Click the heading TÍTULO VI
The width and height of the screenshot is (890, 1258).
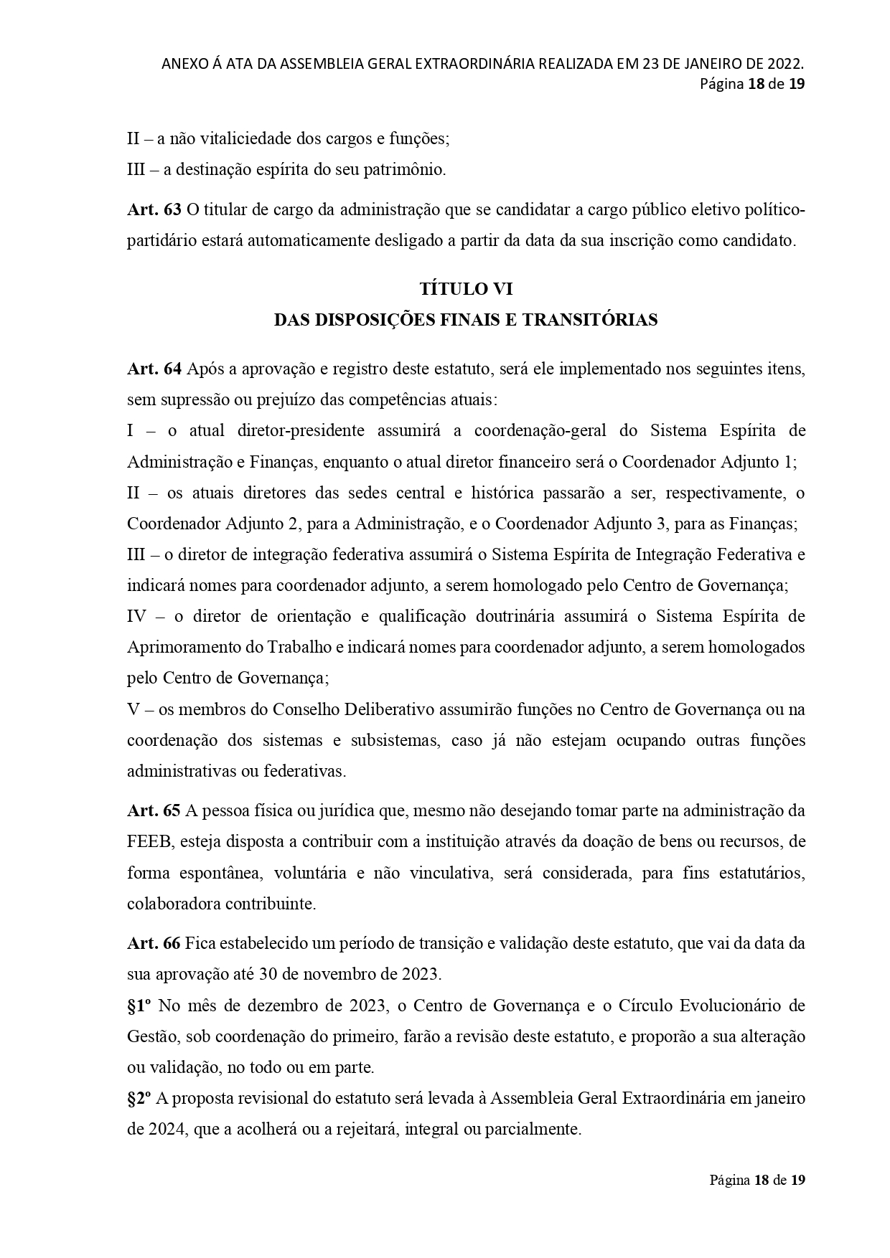[466, 289]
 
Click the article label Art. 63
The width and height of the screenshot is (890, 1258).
[154, 210]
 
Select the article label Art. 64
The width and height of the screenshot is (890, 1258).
[154, 369]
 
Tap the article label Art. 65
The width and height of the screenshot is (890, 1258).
[154, 810]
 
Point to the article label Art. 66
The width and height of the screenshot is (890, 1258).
[154, 943]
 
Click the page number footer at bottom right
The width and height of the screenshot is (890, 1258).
[757, 1180]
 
